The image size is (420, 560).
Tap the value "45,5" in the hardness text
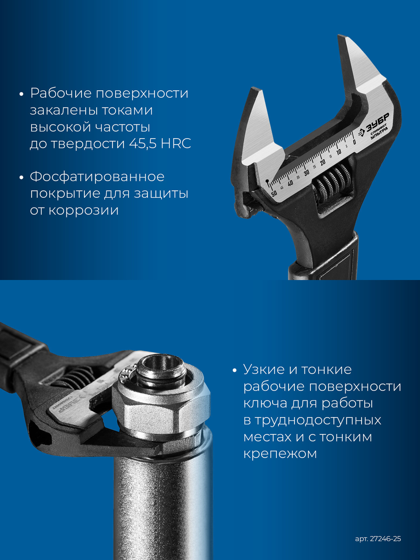click(143, 144)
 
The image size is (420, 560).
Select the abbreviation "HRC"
click(176, 144)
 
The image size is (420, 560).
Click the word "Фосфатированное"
click(97, 177)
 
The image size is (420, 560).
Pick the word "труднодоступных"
click(312, 420)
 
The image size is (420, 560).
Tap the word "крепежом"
click(280, 454)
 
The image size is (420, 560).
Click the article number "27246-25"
click(386, 539)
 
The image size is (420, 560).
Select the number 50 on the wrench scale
click(274, 194)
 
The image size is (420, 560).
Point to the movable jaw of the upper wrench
click(256, 126)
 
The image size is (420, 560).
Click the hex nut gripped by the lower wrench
click(162, 403)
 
